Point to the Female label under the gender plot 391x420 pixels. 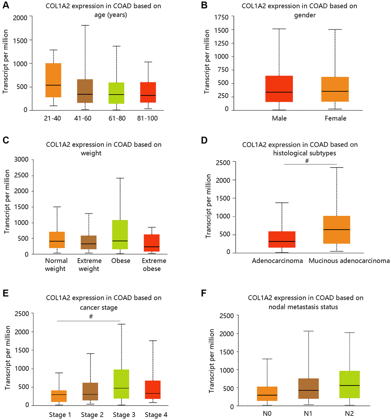[335, 118]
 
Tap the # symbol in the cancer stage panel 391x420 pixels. [90, 317]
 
